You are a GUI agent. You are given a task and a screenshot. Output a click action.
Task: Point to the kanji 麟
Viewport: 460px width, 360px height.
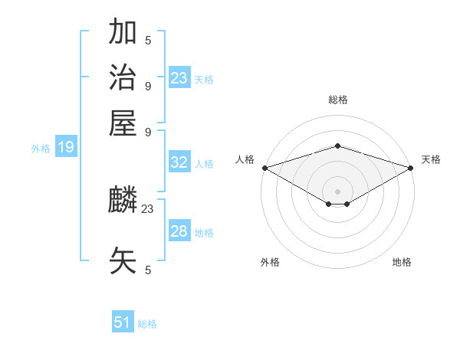[x=123, y=201]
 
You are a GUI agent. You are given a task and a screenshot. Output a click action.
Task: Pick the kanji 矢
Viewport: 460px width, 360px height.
[x=123, y=261]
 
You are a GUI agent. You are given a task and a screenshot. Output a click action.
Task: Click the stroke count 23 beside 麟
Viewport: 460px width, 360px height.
[x=148, y=208]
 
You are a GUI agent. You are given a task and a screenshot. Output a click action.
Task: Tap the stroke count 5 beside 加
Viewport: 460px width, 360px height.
[x=148, y=40]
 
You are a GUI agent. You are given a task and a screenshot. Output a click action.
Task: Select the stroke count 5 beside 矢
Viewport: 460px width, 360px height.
[x=148, y=270]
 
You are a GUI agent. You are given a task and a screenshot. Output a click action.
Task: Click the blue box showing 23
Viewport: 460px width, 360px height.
[x=179, y=78]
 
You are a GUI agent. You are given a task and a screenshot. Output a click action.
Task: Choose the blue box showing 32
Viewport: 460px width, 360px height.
[x=179, y=162]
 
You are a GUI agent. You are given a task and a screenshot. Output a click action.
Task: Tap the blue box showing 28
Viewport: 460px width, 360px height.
[x=179, y=231]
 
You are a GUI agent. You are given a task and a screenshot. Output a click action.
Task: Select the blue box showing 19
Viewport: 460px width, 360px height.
[x=66, y=147]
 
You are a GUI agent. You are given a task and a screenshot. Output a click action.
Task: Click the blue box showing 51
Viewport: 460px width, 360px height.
[x=123, y=322]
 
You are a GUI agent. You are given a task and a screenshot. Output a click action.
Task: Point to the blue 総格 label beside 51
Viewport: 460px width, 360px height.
[x=147, y=324]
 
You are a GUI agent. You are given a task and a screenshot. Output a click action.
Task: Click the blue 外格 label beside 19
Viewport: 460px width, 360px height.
[x=41, y=149]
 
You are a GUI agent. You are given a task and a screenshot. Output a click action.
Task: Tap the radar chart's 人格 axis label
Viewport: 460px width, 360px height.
[x=245, y=159]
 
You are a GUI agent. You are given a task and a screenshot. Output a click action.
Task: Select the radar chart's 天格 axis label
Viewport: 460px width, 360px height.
[x=431, y=159]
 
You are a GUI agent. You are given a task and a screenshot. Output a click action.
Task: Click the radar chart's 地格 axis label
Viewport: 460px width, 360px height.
[x=402, y=262]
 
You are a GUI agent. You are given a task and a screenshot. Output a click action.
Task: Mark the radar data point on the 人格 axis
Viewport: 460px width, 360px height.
[x=264, y=168]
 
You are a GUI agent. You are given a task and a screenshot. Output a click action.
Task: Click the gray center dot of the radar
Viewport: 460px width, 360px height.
[x=337, y=191]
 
